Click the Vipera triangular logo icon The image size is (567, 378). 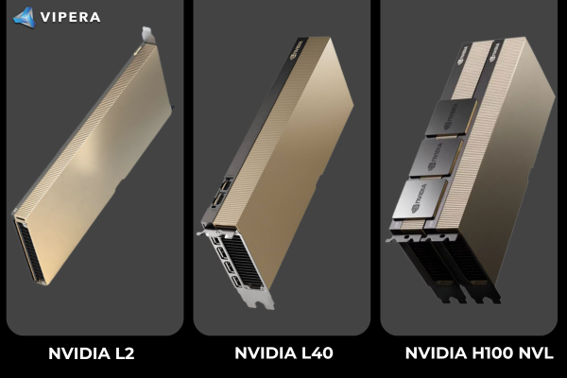(25, 17)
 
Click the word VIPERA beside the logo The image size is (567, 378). (70, 17)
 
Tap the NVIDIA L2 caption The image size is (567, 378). (91, 353)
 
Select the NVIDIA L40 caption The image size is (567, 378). (283, 353)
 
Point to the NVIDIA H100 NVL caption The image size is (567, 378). (479, 353)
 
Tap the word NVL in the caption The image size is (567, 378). (536, 353)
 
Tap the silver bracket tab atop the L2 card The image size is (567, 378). (148, 35)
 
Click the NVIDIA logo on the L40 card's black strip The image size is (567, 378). (297, 50)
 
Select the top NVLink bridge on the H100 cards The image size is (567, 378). (452, 117)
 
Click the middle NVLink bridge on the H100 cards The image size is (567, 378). (436, 158)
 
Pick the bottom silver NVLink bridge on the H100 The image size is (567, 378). (420, 199)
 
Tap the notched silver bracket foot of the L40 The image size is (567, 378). (259, 300)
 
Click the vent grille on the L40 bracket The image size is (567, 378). (243, 261)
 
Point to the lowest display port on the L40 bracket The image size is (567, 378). (236, 282)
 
